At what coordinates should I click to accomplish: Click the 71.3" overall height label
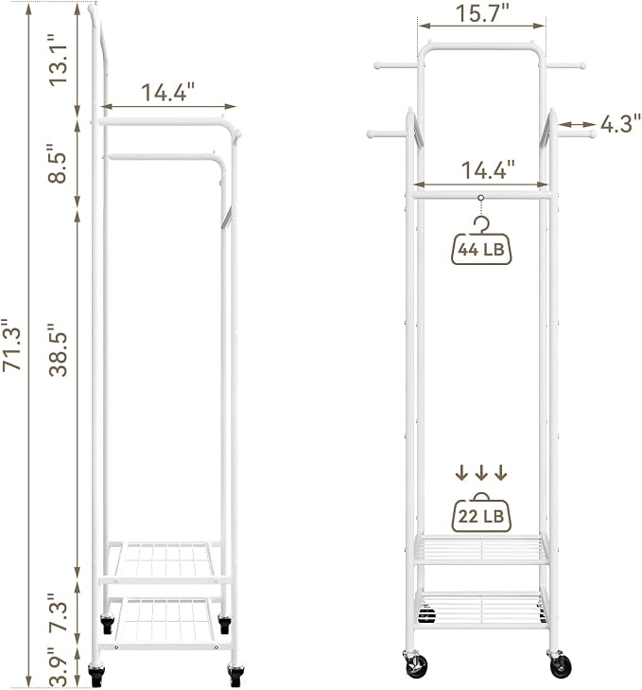[x=12, y=345]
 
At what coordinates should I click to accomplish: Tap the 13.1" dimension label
[x=58, y=60]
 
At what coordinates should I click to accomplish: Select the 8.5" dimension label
[x=58, y=163]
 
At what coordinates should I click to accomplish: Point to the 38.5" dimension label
[x=58, y=350]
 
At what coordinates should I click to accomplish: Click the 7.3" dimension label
[x=58, y=614]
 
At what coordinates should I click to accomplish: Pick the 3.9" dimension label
[x=58, y=667]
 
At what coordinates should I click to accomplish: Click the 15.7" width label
[x=482, y=13]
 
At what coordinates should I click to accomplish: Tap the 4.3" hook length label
[x=620, y=124]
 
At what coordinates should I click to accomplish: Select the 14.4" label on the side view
[x=167, y=93]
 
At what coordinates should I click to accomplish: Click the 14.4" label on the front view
[x=488, y=169]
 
